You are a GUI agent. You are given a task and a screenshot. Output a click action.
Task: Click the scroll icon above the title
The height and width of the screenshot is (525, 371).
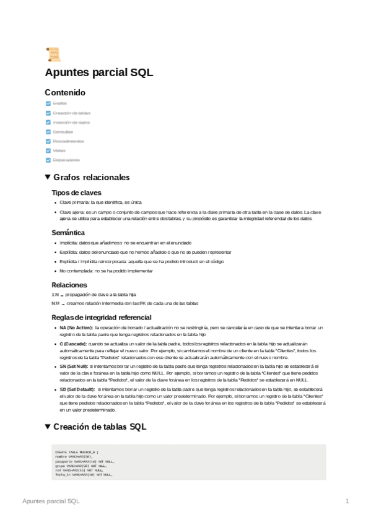[x=53, y=55]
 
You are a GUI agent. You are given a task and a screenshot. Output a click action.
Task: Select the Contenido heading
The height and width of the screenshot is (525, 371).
[x=65, y=92]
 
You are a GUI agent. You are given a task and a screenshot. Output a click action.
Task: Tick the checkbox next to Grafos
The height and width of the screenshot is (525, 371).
[x=48, y=103]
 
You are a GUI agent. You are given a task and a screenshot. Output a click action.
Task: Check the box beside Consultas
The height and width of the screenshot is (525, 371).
[x=48, y=132]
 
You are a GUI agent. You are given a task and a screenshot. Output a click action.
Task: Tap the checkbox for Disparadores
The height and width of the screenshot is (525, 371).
[x=48, y=160]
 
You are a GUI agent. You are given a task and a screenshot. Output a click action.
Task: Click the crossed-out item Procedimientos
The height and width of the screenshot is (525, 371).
[x=68, y=141]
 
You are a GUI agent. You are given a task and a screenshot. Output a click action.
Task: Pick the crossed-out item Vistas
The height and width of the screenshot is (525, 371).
[x=59, y=150]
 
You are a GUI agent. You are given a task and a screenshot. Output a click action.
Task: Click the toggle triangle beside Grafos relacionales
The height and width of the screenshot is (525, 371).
[x=48, y=177]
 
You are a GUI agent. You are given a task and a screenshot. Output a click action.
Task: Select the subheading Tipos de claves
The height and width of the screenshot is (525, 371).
[x=76, y=193]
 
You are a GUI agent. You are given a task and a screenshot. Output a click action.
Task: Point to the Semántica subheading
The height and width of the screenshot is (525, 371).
[x=68, y=233]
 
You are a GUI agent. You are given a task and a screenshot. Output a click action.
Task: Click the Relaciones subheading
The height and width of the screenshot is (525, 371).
[x=69, y=284]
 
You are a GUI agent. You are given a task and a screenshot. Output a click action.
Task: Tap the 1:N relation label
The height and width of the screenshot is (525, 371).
[x=55, y=295]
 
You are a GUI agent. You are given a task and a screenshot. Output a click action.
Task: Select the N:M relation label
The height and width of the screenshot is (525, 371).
[x=56, y=303]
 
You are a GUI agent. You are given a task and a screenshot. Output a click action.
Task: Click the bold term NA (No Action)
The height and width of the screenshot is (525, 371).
[x=76, y=327]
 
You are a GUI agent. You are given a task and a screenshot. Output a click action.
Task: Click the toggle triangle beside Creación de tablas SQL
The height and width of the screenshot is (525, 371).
[x=48, y=427]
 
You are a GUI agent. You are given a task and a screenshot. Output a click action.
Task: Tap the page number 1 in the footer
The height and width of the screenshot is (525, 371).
[x=347, y=500]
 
